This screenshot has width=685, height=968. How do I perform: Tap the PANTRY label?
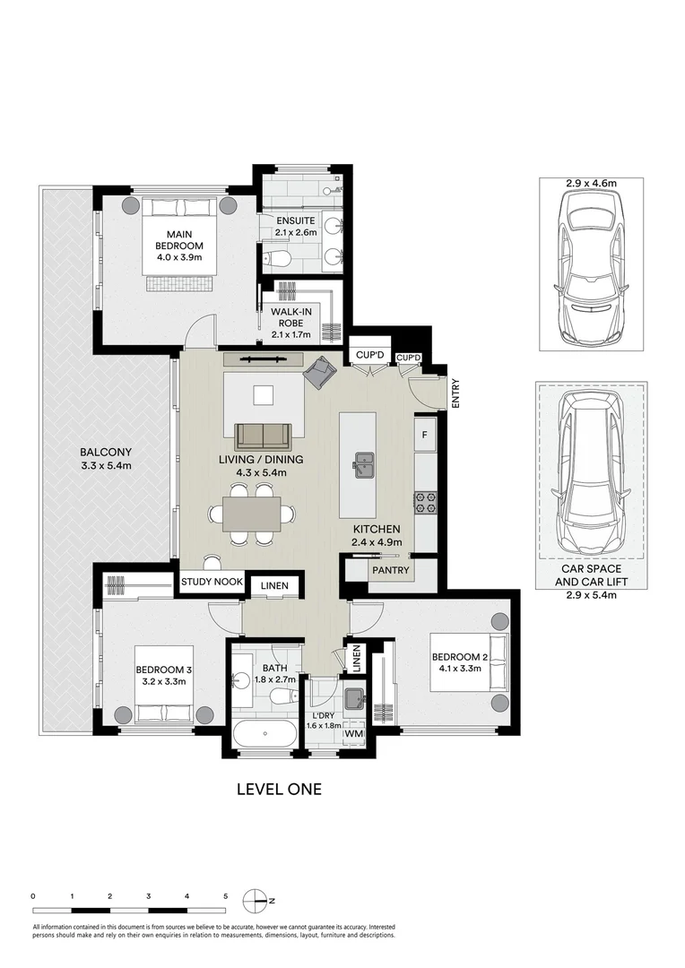tap(390, 570)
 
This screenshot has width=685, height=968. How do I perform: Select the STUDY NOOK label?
tap(212, 582)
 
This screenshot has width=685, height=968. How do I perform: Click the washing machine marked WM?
tap(355, 734)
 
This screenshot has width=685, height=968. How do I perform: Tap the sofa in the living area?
tap(263, 436)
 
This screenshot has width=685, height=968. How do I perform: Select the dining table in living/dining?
tap(252, 514)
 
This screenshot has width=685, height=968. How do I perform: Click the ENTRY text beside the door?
tap(455, 395)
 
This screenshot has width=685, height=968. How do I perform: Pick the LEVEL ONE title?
tap(278, 790)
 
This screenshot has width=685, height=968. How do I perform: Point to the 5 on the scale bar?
tap(225, 895)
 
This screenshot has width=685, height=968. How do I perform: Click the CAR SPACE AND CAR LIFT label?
tap(591, 575)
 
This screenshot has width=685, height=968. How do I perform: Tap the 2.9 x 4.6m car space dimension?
tap(591, 183)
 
